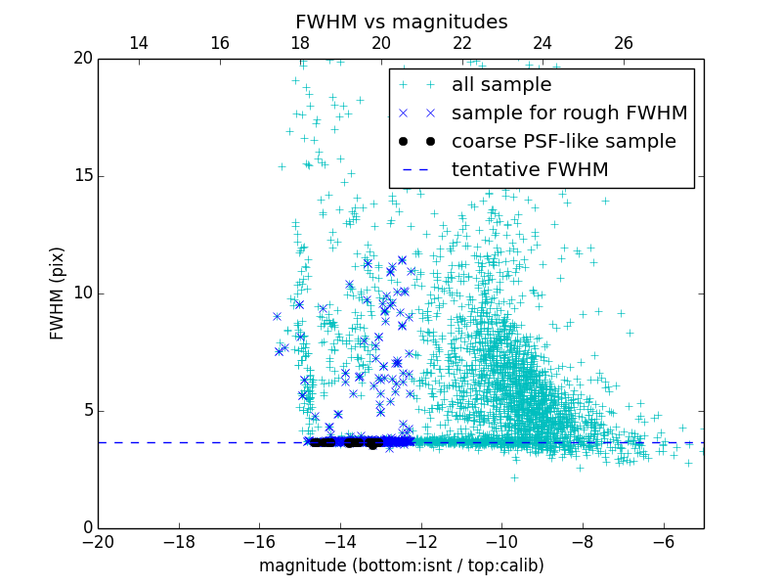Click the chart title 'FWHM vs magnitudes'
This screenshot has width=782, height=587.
[x=401, y=22]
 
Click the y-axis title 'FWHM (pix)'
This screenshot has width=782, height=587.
[x=58, y=293]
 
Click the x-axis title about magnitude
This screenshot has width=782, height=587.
[x=401, y=565]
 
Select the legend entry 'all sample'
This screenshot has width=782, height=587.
[x=500, y=85]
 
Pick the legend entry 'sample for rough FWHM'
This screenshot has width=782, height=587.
[x=569, y=113]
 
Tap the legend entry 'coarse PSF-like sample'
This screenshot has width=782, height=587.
[x=563, y=142]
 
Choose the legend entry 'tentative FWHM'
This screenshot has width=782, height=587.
[x=529, y=170]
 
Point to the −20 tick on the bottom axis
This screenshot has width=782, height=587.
[x=98, y=541]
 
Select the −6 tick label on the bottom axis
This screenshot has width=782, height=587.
[x=664, y=541]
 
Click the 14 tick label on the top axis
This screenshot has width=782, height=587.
[x=139, y=43]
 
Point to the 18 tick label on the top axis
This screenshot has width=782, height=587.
[x=300, y=43]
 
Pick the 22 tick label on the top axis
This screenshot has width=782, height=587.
[x=462, y=43]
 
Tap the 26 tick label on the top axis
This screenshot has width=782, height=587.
[x=624, y=43]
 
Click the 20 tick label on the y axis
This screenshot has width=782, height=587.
[x=81, y=59]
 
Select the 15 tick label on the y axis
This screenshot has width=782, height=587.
[x=81, y=176]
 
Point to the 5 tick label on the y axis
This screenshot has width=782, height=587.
[x=86, y=411]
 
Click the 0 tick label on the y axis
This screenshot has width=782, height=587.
[x=86, y=528]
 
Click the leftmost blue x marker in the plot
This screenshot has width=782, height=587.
[x=277, y=316]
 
